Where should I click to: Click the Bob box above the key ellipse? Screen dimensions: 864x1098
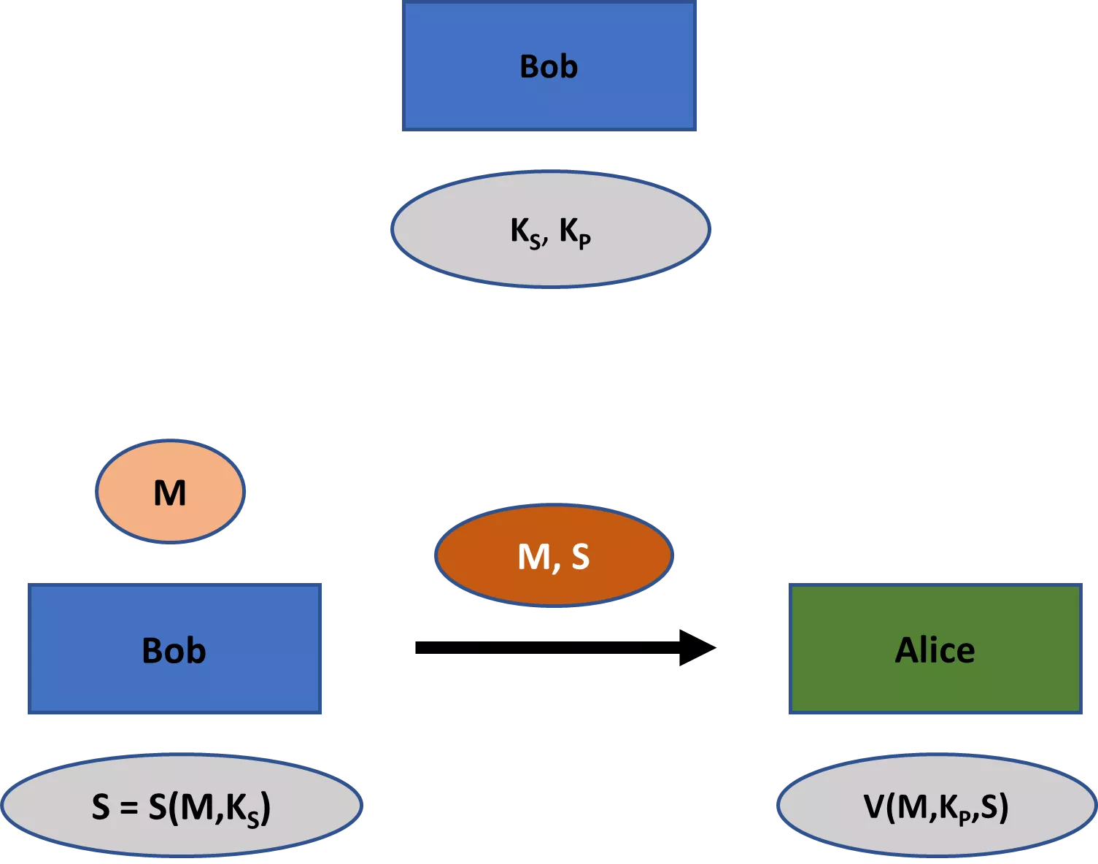pos(549,66)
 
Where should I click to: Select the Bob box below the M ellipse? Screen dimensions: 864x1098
pos(174,649)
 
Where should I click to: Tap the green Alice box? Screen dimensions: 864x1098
pos(935,649)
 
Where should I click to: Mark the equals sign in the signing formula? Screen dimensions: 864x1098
pos(129,808)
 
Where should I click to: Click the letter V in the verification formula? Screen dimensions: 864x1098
pos(874,807)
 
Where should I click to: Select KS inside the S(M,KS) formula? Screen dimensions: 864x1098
pos(243,809)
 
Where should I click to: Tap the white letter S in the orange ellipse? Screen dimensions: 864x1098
pos(580,557)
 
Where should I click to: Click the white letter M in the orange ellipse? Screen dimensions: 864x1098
pos(533,558)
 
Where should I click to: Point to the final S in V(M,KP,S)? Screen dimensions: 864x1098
pos(989,807)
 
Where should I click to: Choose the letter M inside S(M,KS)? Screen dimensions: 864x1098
pos(196,807)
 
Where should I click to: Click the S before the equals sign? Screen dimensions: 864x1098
pos(101,807)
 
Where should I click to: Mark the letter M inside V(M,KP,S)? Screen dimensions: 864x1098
pos(912,807)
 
